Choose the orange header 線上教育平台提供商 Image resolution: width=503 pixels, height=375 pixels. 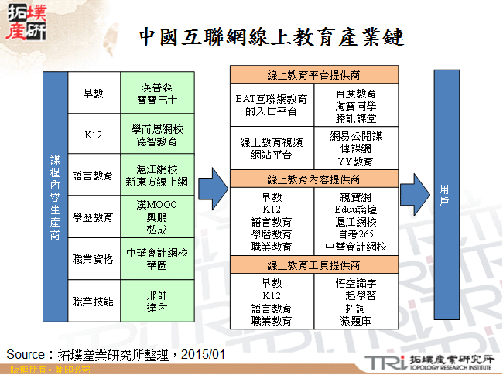313,75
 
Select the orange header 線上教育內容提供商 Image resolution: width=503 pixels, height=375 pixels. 313,179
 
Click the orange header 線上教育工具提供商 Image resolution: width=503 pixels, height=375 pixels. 313,265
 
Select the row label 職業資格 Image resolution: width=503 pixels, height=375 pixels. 94,259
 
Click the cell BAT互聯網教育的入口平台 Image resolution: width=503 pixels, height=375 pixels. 272,105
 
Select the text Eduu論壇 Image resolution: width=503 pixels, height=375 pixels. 357,209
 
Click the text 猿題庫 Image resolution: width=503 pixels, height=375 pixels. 357,319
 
